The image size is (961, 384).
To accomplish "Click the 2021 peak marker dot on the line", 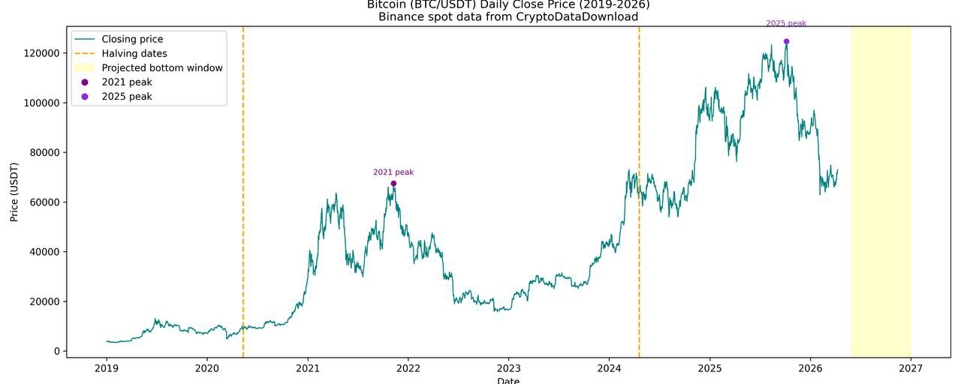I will click(393, 184).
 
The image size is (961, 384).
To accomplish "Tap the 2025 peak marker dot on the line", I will click(786, 41).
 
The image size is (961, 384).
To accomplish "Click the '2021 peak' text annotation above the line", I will click(393, 172).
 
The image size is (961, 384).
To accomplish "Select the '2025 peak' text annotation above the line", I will click(786, 23).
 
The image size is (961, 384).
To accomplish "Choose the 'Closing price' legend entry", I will click(132, 39).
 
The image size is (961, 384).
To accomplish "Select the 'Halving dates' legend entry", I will click(134, 53).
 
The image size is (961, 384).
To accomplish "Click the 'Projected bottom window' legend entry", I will click(162, 67).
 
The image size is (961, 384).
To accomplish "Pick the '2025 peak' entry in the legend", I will click(127, 97).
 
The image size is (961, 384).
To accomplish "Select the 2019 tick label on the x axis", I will click(107, 368).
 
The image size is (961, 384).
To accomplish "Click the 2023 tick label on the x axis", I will click(508, 368).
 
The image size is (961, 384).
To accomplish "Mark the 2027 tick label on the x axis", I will click(910, 368).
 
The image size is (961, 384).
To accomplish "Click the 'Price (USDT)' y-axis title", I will click(14, 191).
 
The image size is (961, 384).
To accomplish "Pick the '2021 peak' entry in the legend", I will click(127, 82).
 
